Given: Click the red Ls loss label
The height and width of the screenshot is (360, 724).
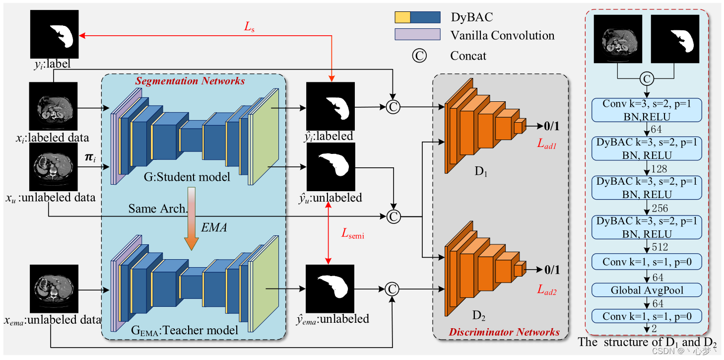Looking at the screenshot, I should click(249, 28).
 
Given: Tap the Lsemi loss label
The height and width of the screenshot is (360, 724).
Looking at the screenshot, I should click(352, 235).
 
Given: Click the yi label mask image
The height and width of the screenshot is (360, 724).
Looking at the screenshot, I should click(55, 35).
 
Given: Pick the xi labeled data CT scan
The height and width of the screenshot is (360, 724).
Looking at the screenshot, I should click(54, 106).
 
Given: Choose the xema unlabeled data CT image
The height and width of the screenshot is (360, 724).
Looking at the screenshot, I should click(54, 288).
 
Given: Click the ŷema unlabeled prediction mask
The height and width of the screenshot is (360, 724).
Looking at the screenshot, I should click(330, 288).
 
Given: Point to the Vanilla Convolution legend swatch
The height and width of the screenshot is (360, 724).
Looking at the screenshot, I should click(417, 34).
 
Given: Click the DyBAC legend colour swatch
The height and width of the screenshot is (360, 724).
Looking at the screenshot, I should click(417, 17).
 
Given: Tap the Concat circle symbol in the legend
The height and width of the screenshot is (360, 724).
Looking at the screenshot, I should click(419, 56).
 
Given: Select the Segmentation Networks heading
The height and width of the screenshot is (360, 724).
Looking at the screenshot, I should click(191, 81).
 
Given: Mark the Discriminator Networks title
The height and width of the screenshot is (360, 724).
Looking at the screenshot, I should click(504, 332).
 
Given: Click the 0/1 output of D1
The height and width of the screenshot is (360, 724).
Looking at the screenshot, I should click(552, 126).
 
